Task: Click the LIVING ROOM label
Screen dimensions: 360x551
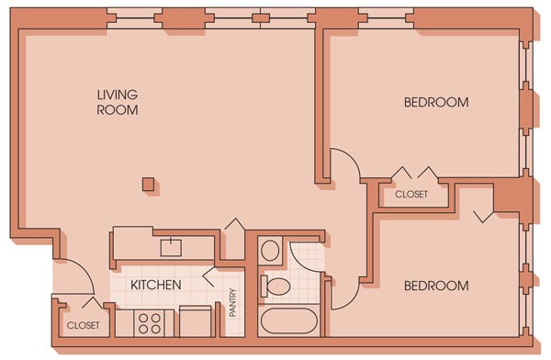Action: click(x=118, y=102)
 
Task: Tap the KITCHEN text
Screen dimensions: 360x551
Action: click(x=155, y=285)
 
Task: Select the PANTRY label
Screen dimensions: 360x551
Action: click(x=233, y=302)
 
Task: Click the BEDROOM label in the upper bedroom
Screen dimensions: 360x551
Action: click(x=436, y=102)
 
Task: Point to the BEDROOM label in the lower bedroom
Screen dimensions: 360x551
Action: click(x=436, y=286)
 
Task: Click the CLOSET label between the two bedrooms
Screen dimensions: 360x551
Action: click(x=410, y=195)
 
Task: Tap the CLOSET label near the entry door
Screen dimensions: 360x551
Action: click(x=83, y=325)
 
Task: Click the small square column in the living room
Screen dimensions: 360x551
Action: click(x=148, y=185)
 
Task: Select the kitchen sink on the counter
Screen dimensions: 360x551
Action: click(x=171, y=247)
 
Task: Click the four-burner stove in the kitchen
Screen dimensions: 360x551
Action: click(x=150, y=323)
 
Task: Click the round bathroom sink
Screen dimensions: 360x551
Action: click(x=270, y=251)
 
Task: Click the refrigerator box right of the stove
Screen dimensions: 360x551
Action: click(x=195, y=323)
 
